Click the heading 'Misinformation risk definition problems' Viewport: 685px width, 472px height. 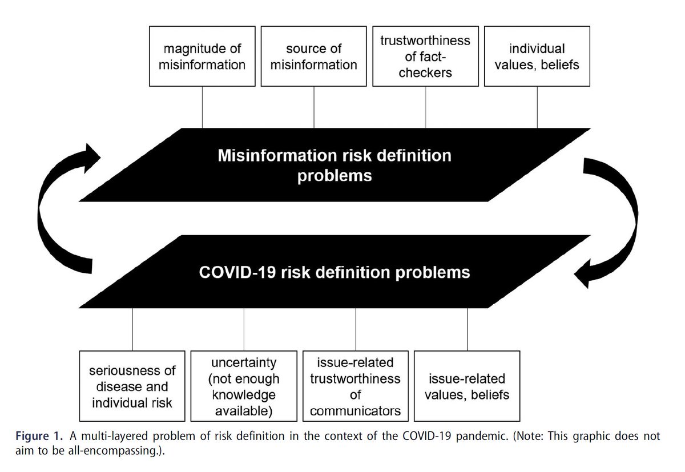click(x=334, y=165)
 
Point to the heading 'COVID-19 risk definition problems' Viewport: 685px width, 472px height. click(x=334, y=272)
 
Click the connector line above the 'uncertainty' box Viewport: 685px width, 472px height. click(x=244, y=328)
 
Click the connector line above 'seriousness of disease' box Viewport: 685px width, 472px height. click(x=132, y=328)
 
